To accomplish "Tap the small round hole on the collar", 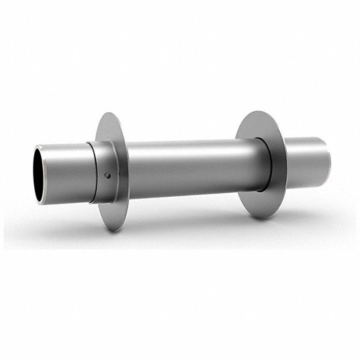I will pos(107,176).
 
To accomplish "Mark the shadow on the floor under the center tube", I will pos(181,232).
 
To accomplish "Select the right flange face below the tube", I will pos(255,201).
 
